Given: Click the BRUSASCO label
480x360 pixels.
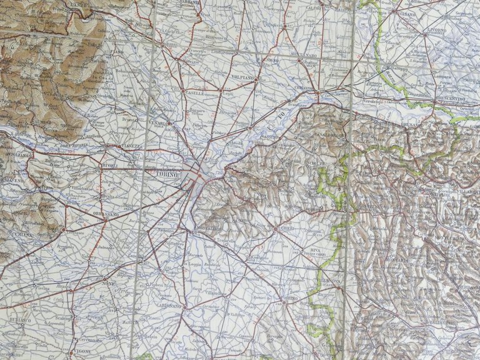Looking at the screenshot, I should pyautogui.click(x=431, y=125).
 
